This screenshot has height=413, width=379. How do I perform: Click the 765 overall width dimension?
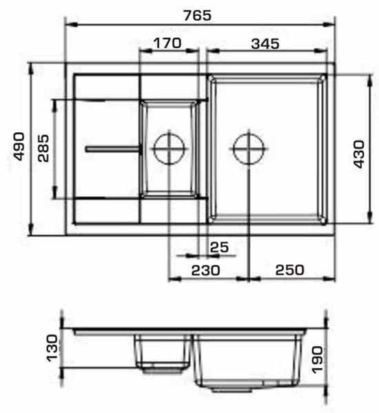(198, 15)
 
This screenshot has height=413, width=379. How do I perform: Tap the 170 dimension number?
(167, 43)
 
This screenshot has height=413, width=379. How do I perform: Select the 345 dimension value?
(265, 44)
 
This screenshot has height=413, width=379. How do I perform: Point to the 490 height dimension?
(19, 147)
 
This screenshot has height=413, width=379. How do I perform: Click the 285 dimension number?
(43, 148)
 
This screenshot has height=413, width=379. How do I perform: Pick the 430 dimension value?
(359, 154)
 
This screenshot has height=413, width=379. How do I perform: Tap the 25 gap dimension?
(219, 247)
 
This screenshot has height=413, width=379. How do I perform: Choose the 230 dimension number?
(205, 271)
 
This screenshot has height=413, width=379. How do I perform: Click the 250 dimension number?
(289, 270)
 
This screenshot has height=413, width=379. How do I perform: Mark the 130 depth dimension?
(52, 348)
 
